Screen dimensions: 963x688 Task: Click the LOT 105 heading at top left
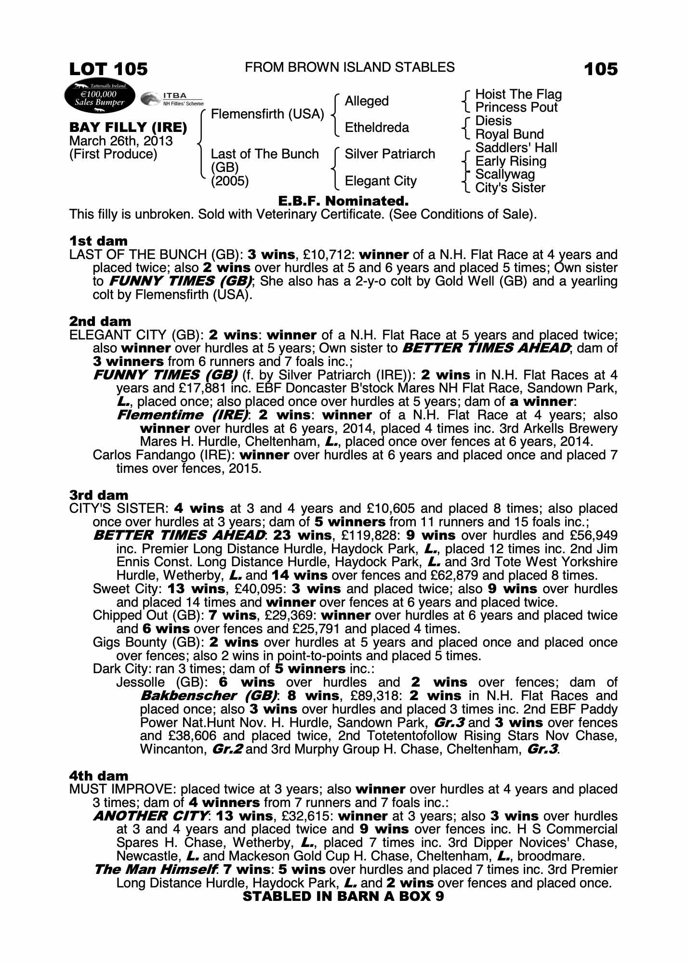coord(108,69)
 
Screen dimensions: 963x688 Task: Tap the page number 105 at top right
coord(600,69)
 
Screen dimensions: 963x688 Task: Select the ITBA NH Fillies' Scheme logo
coord(172,99)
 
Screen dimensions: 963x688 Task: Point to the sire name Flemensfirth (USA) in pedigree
coord(267,114)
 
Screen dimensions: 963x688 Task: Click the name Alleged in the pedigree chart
coord(367,101)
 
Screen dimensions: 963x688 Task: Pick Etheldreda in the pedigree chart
coord(377,128)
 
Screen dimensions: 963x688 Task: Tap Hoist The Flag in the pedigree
coord(518,94)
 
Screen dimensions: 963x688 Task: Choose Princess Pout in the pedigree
coord(516,107)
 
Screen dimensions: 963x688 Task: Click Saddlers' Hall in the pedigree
coord(516,148)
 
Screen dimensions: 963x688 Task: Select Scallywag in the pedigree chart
coord(505,174)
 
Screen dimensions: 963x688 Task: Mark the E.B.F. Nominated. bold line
coord(344,201)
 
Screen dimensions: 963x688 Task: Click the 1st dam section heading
coord(98,241)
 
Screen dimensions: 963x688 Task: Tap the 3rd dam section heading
coord(99,495)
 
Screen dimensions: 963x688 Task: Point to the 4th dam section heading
coord(99,776)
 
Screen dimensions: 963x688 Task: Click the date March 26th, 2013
coord(121,141)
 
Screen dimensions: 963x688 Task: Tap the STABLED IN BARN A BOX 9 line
coord(344,896)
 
